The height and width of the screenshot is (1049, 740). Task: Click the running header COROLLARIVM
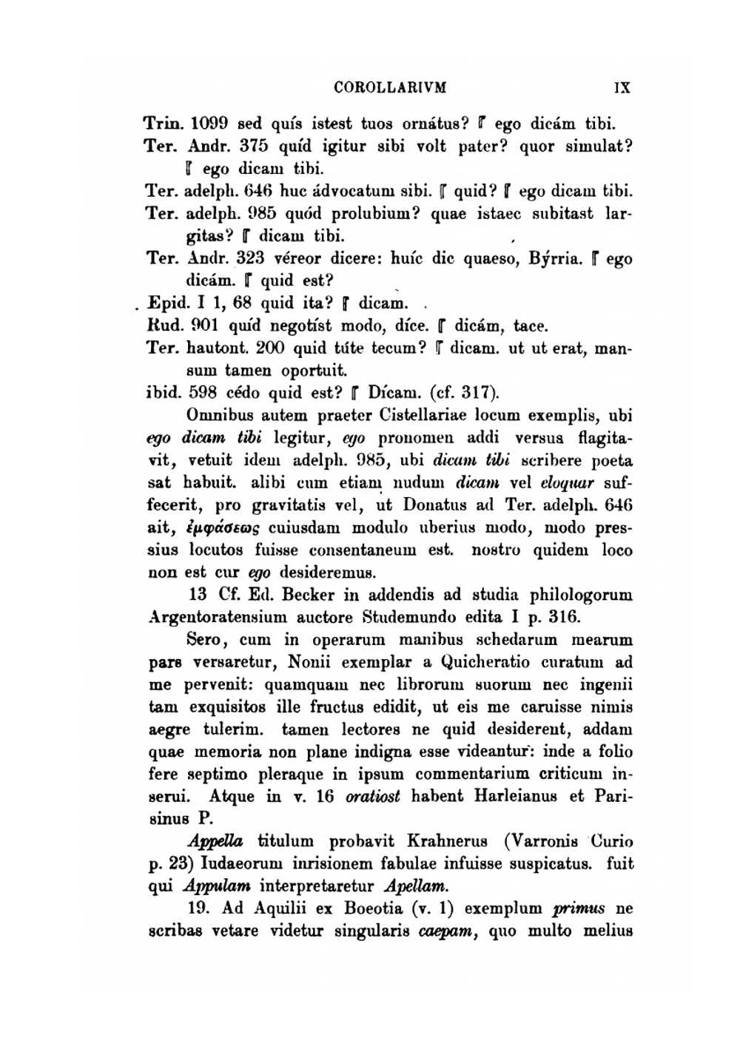pos(391,88)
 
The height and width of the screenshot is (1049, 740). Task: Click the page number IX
pos(622,88)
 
